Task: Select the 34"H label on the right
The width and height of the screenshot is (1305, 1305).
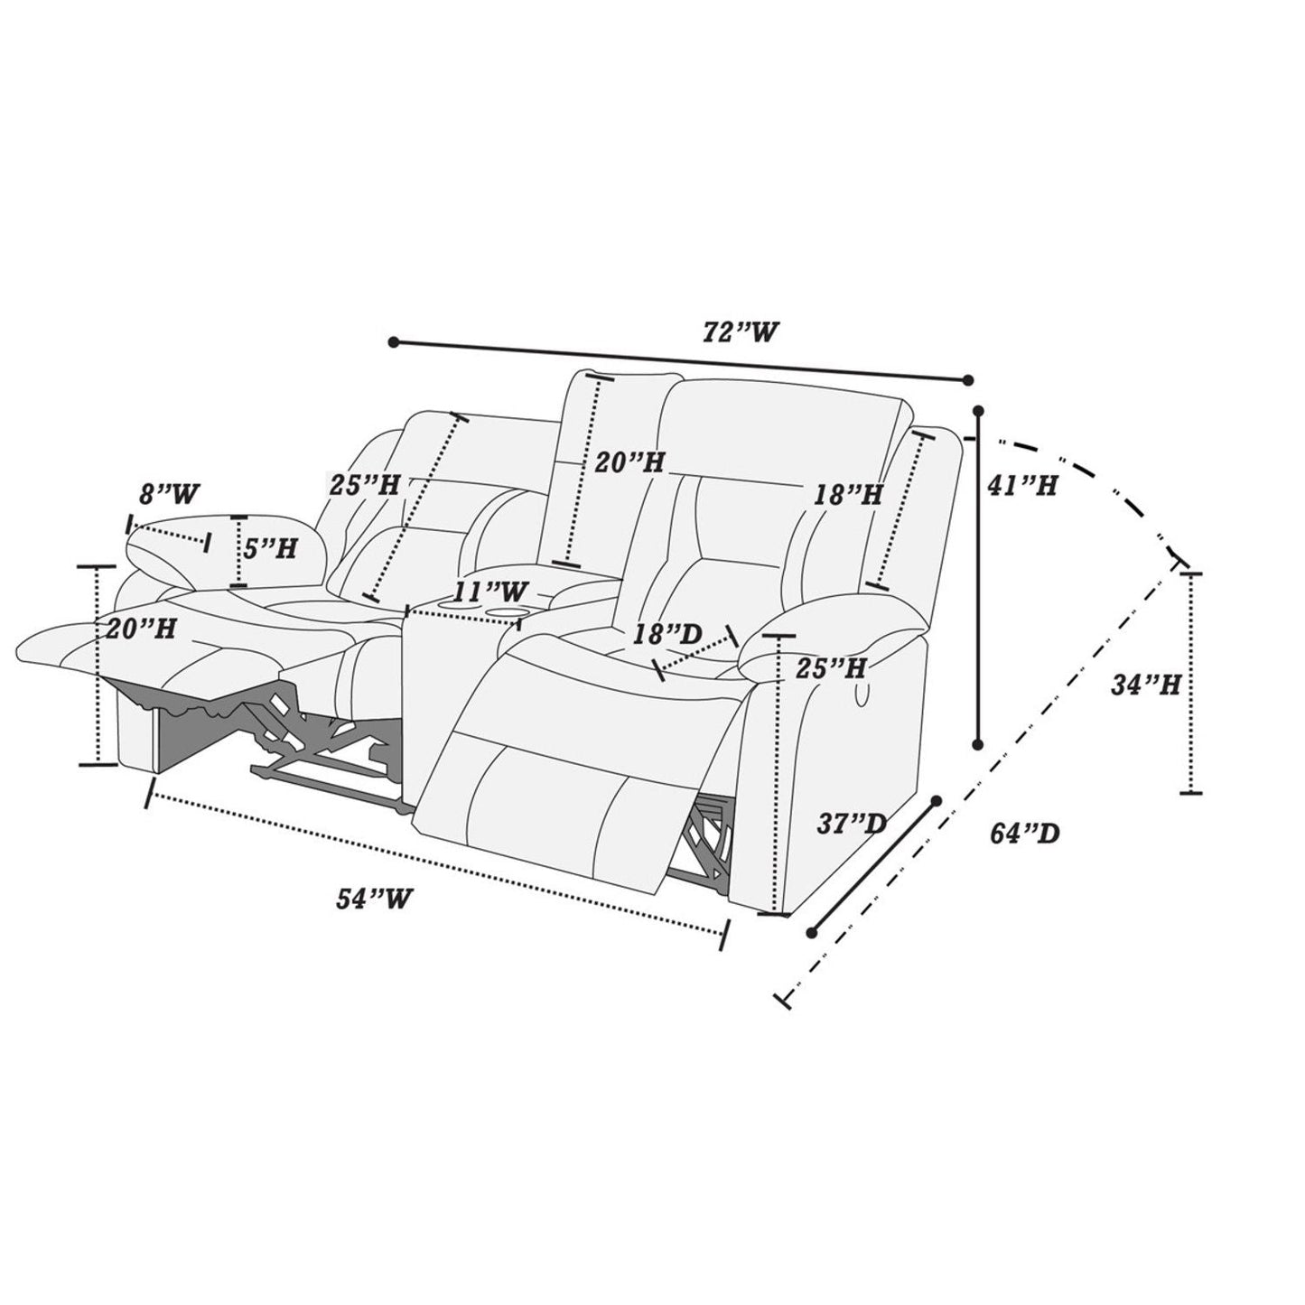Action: tap(1146, 685)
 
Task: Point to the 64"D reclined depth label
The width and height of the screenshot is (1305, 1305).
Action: tap(1025, 834)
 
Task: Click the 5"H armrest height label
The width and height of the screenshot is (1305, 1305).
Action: tap(269, 548)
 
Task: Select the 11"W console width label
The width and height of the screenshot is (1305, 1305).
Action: tap(490, 591)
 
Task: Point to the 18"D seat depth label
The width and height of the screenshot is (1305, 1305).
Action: tap(667, 634)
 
